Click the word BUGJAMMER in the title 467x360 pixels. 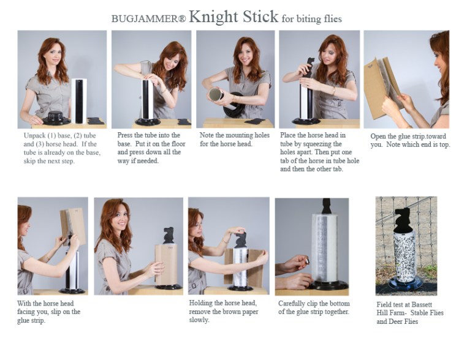(145, 18)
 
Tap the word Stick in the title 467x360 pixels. (260, 17)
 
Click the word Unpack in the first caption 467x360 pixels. (34, 136)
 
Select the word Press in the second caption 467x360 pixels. (125, 135)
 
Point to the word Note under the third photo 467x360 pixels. (206, 135)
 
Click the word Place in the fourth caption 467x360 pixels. (287, 135)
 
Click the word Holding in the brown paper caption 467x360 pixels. (200, 304)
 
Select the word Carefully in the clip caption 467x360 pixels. (292, 304)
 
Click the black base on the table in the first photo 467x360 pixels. (56, 118)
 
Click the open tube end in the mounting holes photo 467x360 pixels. (216, 95)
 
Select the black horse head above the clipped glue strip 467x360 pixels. (327, 206)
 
